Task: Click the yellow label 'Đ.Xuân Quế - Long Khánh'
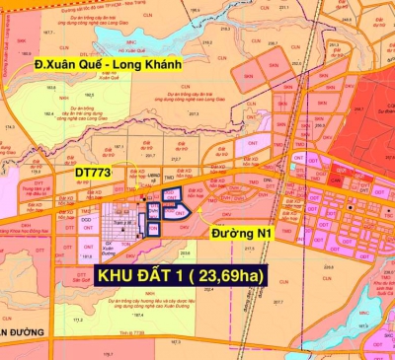point(110,66)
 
